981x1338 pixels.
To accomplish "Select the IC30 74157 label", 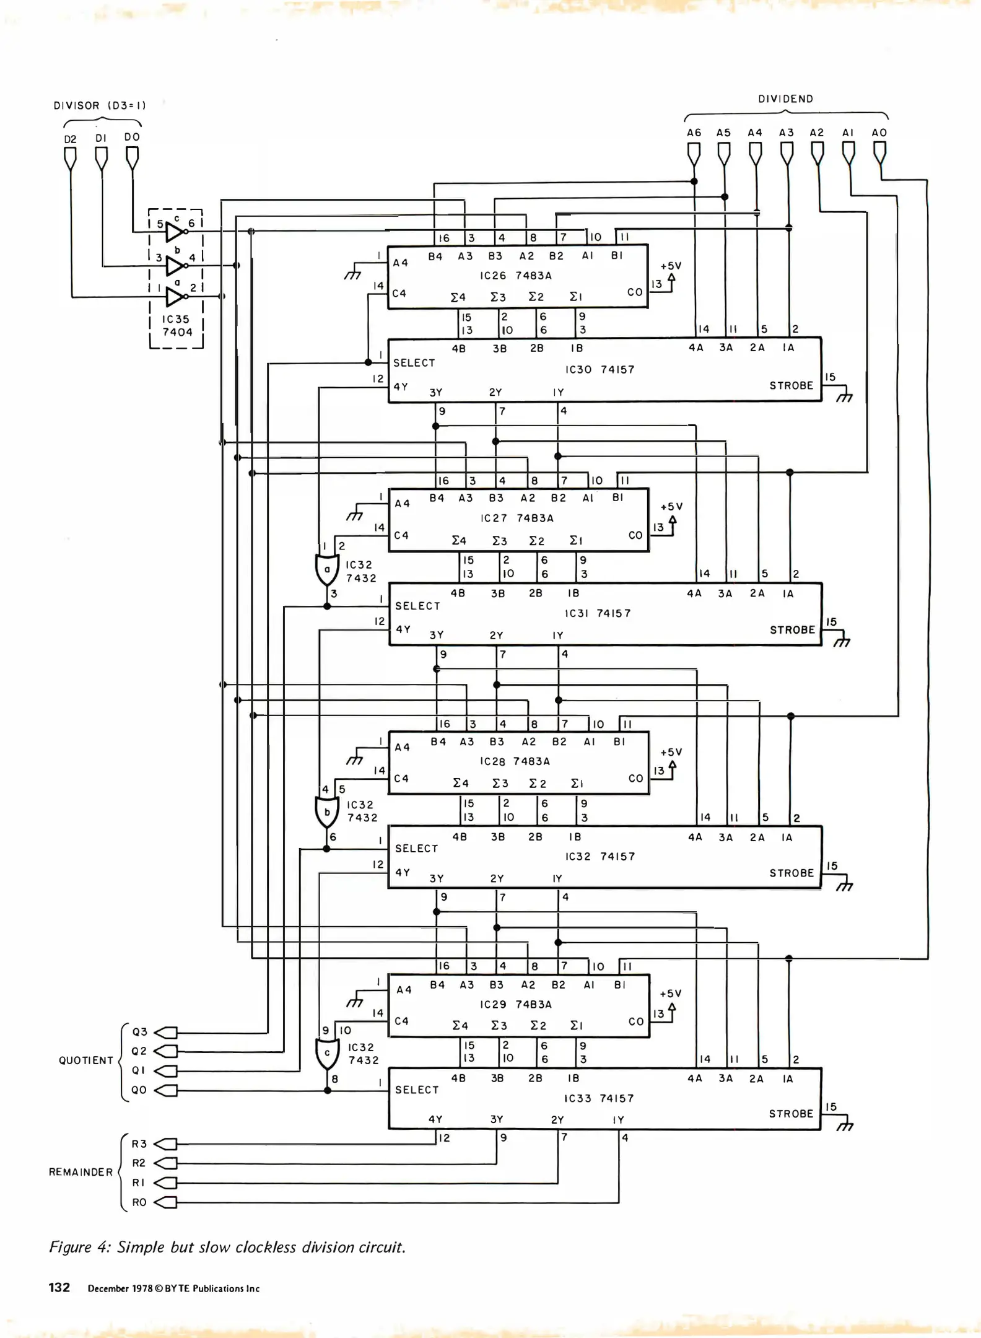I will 599,370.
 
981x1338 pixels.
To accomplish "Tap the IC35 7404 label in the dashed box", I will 177,326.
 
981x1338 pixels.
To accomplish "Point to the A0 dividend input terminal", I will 879,152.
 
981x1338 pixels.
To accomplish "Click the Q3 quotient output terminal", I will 166,1033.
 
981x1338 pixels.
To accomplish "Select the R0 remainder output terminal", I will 166,1202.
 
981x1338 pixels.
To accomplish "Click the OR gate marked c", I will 327,1054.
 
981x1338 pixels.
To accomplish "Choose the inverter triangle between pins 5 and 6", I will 175,232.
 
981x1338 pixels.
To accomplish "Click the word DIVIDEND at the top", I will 785,99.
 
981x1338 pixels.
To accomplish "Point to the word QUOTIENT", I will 86,1060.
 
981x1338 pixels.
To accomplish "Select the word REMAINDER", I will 81,1172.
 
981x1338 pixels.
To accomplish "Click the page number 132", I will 59,1287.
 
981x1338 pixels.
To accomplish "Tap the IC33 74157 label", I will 599,1098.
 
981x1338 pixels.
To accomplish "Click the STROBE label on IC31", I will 792,630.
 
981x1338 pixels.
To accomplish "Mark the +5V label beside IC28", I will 671,752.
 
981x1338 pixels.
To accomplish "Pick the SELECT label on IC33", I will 417,1090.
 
